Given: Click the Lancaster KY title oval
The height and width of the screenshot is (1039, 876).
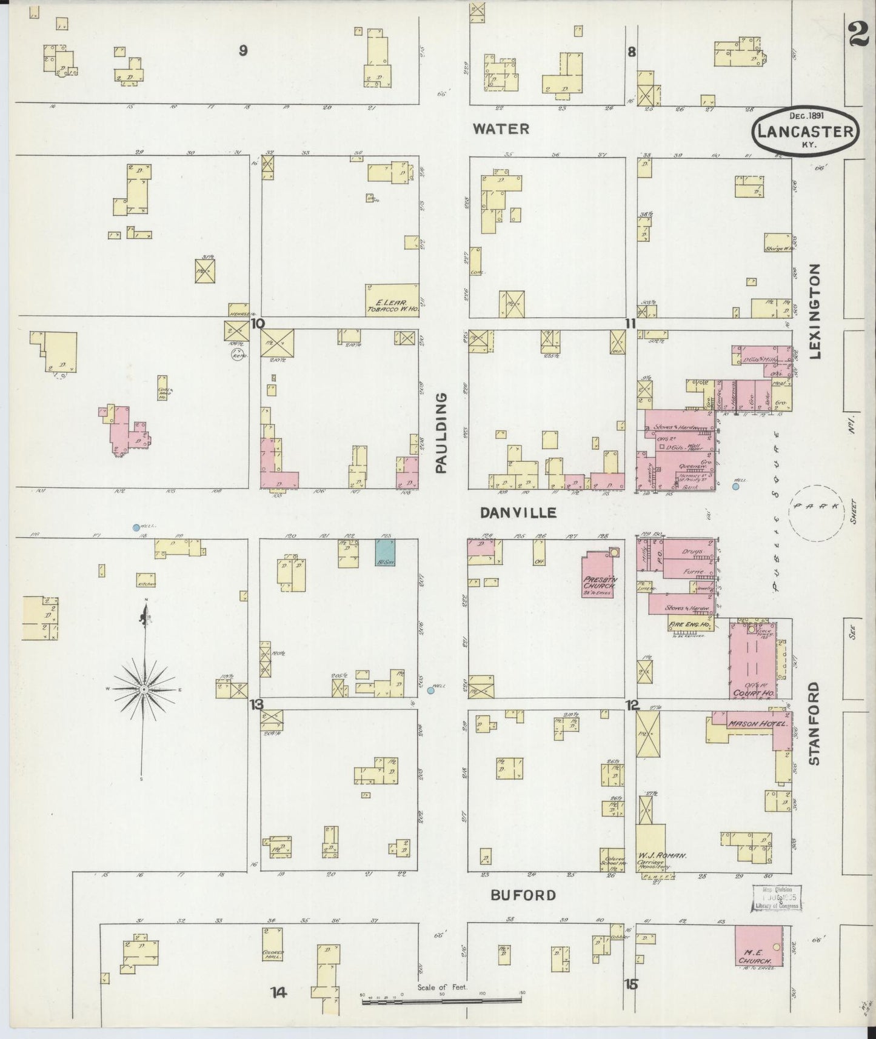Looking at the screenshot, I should pos(806,131).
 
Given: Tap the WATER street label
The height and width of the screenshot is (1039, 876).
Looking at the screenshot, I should pos(501,129).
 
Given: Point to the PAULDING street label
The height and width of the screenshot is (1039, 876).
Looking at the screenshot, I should pos(441,432).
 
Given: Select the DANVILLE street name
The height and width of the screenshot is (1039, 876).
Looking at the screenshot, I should pos(518,513).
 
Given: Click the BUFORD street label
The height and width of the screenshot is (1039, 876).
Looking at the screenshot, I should pos(523,895).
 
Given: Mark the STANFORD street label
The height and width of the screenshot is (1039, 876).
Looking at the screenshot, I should pos(814,723).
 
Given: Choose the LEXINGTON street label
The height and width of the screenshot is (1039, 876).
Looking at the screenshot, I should pos(814,311).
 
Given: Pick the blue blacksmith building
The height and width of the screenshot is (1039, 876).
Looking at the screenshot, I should pos(385,553).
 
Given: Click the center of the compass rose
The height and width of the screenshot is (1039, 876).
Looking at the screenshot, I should pos(144,690).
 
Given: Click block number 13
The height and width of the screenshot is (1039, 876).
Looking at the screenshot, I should pos(258,704).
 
